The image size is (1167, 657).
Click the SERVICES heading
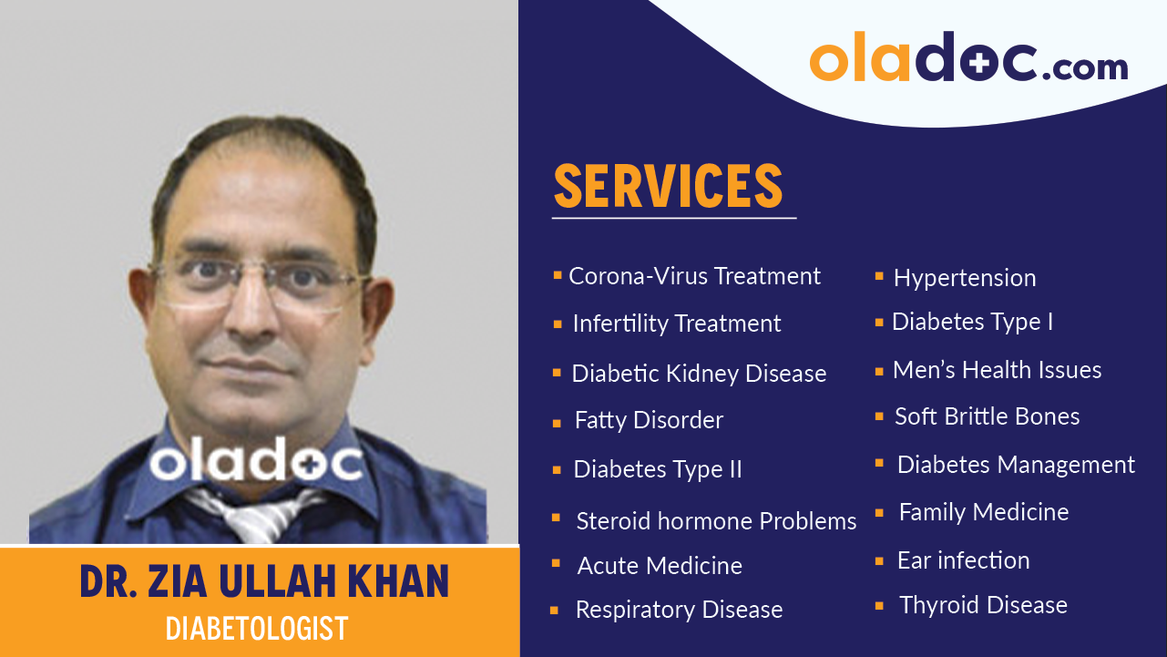(x=669, y=187)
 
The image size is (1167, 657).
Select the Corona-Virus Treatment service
(x=694, y=276)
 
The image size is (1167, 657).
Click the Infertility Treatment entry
(x=676, y=323)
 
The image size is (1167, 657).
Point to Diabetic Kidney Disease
(x=699, y=374)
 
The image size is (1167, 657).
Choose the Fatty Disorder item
(x=649, y=420)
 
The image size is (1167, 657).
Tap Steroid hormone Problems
(x=716, y=521)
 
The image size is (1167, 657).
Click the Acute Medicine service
(x=660, y=566)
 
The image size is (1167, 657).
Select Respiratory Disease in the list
(x=679, y=610)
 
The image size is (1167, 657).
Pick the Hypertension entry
(x=965, y=278)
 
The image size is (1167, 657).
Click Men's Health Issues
(x=997, y=370)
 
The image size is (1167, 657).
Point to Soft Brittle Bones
(x=987, y=416)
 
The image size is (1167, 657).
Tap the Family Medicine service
(x=984, y=512)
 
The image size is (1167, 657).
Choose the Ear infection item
(x=963, y=560)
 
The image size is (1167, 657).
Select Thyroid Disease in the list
(x=983, y=605)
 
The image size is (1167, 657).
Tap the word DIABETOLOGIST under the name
(x=257, y=629)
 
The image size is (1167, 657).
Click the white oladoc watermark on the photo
(x=256, y=462)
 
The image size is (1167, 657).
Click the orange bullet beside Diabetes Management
(x=879, y=463)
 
